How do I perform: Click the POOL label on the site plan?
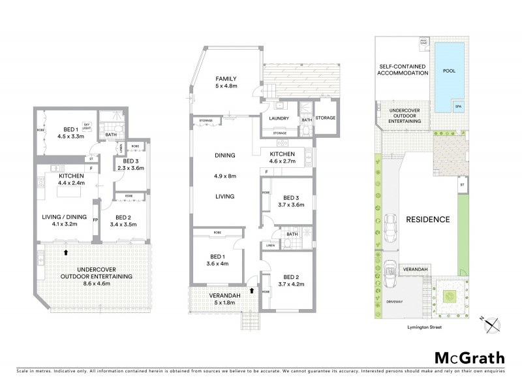point(449,71)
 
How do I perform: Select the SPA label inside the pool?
point(458,106)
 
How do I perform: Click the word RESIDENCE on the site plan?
point(427,219)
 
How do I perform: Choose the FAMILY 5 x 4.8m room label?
point(226,80)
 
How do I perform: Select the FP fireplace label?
point(96,220)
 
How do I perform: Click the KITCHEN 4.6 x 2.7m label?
point(283,155)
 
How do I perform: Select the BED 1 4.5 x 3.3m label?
point(61,133)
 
